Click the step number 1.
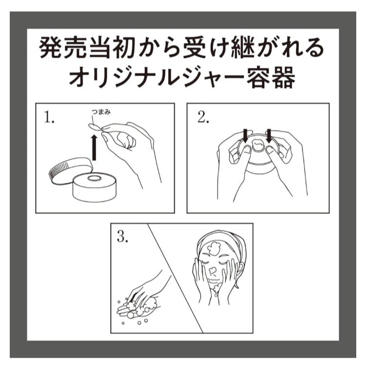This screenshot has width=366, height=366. point(49,117)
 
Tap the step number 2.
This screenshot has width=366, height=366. point(203,117)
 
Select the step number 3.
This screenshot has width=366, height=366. point(122,237)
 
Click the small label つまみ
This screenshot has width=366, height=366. point(101,112)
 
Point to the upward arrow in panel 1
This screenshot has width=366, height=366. point(94,147)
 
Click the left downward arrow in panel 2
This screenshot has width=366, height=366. point(245,136)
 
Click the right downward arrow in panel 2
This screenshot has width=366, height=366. point(269,136)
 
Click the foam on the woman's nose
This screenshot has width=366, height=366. point(212,270)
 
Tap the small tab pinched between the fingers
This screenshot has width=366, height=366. point(94,127)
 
